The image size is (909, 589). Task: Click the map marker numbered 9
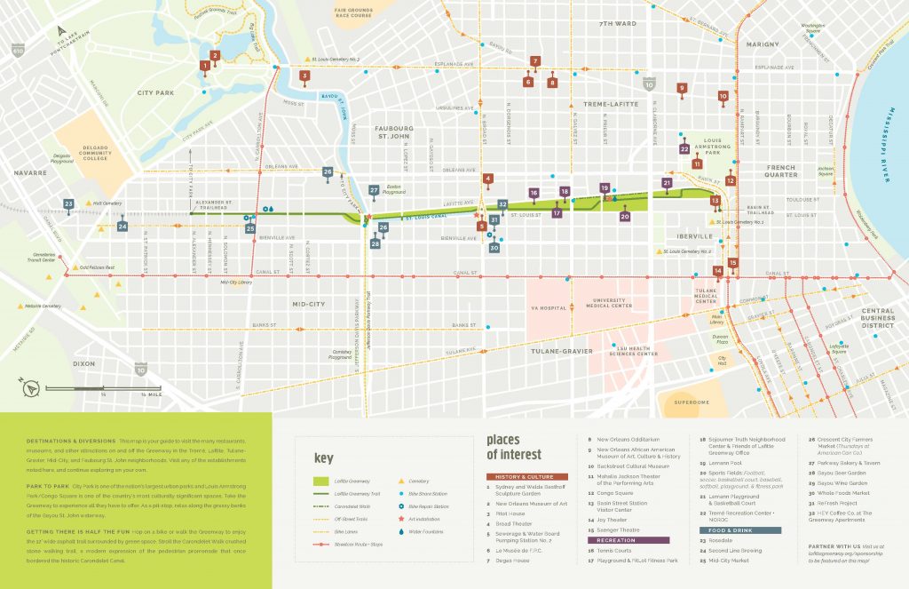pyautogui.click(x=682, y=88)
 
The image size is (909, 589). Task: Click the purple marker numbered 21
pyautogui.click(x=667, y=183)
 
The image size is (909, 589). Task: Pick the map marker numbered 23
pyautogui.click(x=68, y=204)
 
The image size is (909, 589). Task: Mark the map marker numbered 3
pyautogui.click(x=304, y=76)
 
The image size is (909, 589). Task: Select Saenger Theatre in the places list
pyautogui.click(x=613, y=530)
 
